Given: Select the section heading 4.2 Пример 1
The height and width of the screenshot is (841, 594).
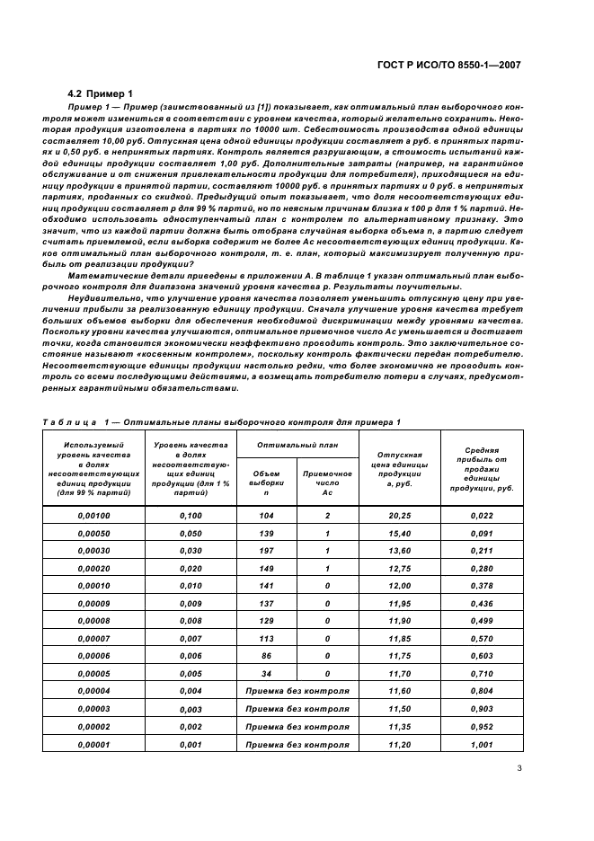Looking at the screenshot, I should [101, 93].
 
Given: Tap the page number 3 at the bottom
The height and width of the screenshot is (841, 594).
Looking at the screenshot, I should [519, 768].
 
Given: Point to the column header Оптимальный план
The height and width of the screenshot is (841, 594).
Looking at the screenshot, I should [297, 445].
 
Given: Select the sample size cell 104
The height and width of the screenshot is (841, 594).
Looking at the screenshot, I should [266, 516].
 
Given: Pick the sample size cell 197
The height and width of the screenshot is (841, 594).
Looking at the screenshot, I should [266, 550].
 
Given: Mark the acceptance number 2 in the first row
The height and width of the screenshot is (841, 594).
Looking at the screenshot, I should [327, 516].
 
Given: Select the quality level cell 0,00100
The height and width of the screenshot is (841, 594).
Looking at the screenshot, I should [93, 516].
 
